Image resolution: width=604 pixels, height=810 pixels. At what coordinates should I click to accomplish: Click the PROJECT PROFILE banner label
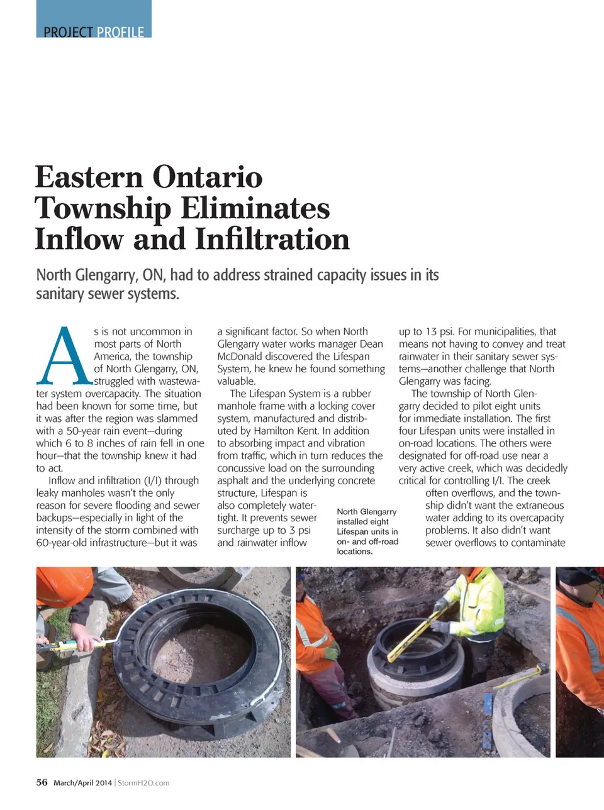94,31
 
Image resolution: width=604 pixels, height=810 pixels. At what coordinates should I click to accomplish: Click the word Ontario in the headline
208,177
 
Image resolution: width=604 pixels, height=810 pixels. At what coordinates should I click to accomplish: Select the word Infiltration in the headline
272,239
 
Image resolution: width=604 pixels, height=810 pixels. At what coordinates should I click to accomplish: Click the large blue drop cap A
64,357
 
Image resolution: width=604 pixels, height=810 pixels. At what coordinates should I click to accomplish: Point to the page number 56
42,782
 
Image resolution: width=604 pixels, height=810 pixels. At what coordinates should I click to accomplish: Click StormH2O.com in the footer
143,783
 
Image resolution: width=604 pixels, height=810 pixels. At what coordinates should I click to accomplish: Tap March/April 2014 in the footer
82,783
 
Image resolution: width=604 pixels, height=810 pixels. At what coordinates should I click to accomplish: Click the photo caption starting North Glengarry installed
367,531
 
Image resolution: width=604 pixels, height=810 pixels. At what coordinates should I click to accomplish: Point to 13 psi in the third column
439,331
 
